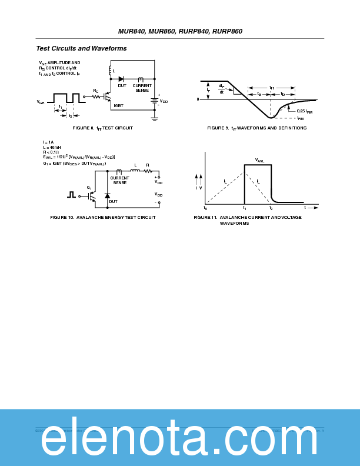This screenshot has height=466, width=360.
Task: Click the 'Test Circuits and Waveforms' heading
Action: coord(81,48)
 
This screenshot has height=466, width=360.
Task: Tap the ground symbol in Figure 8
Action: coord(155,118)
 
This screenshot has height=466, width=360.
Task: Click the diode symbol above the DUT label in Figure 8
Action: coord(121,79)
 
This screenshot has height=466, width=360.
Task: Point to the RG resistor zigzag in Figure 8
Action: coord(96,96)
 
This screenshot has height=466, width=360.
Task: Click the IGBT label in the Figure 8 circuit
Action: coord(118,105)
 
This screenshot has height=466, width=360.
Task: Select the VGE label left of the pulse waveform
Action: coord(41,102)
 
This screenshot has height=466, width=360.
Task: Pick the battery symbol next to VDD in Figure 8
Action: coord(155,100)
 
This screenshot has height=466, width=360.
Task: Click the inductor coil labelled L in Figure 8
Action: coord(110,71)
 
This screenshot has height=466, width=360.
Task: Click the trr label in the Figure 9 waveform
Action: coord(271,88)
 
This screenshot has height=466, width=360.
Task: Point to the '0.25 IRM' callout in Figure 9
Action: coord(304,111)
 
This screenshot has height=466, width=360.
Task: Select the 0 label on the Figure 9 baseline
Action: coord(198,99)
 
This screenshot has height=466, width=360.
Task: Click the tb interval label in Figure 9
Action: coord(282,94)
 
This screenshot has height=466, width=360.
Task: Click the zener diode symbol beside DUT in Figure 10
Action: coord(107,195)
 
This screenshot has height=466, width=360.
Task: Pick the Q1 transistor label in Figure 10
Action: coord(89,188)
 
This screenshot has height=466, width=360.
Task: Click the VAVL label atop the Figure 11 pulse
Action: coord(259,160)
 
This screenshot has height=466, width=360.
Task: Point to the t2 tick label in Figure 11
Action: coord(271,208)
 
